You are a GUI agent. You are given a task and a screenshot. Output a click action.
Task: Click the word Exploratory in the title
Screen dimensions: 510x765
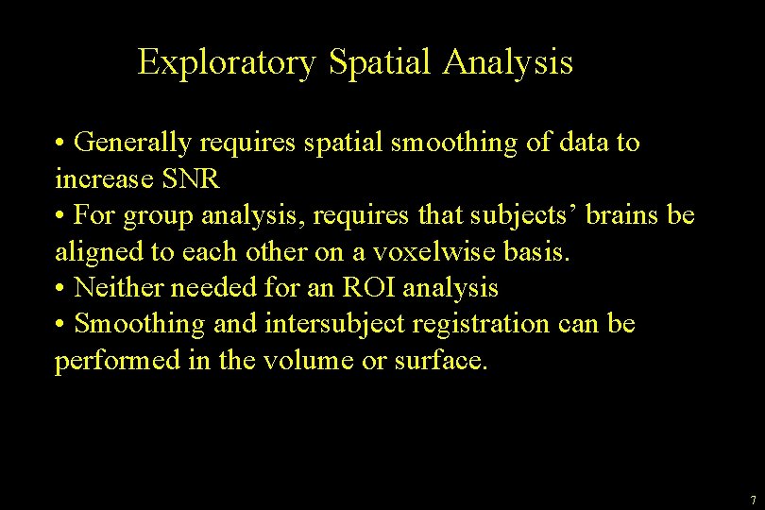pos(227,63)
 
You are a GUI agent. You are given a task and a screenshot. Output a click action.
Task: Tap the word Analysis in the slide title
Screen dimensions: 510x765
pos(508,63)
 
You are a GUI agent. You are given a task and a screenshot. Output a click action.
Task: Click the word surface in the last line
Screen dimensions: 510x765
pos(440,360)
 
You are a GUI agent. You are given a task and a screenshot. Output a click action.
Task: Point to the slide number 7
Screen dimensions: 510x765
pos(752,500)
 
